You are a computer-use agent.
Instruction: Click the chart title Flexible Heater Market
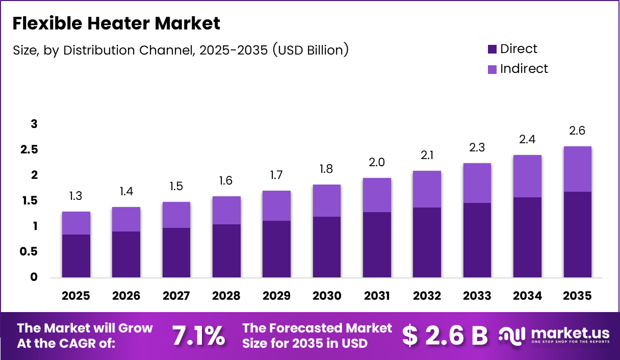coord(116,23)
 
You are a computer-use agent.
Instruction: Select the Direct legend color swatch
coord(492,49)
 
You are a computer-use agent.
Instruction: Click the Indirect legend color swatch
coord(492,69)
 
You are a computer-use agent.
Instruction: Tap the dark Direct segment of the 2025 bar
coord(76,256)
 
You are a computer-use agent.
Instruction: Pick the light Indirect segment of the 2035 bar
coord(578,169)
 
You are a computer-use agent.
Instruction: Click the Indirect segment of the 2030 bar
coord(327,200)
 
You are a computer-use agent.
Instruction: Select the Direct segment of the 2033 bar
coord(477,240)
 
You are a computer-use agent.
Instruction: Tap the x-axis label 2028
coord(226,296)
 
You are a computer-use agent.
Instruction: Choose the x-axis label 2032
coord(427,296)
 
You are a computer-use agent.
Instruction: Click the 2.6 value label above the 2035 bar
coord(578,131)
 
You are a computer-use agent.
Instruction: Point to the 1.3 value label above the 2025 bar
coord(76,196)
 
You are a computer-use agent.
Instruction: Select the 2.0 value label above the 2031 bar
coord(377,163)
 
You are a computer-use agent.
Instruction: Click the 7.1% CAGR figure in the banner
coord(198,336)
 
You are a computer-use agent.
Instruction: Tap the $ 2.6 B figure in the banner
coord(445,336)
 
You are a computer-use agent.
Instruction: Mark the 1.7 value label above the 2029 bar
coord(276,175)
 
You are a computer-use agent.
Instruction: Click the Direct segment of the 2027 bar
coord(176,252)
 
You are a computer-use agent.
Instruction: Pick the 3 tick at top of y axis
coord(34,124)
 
